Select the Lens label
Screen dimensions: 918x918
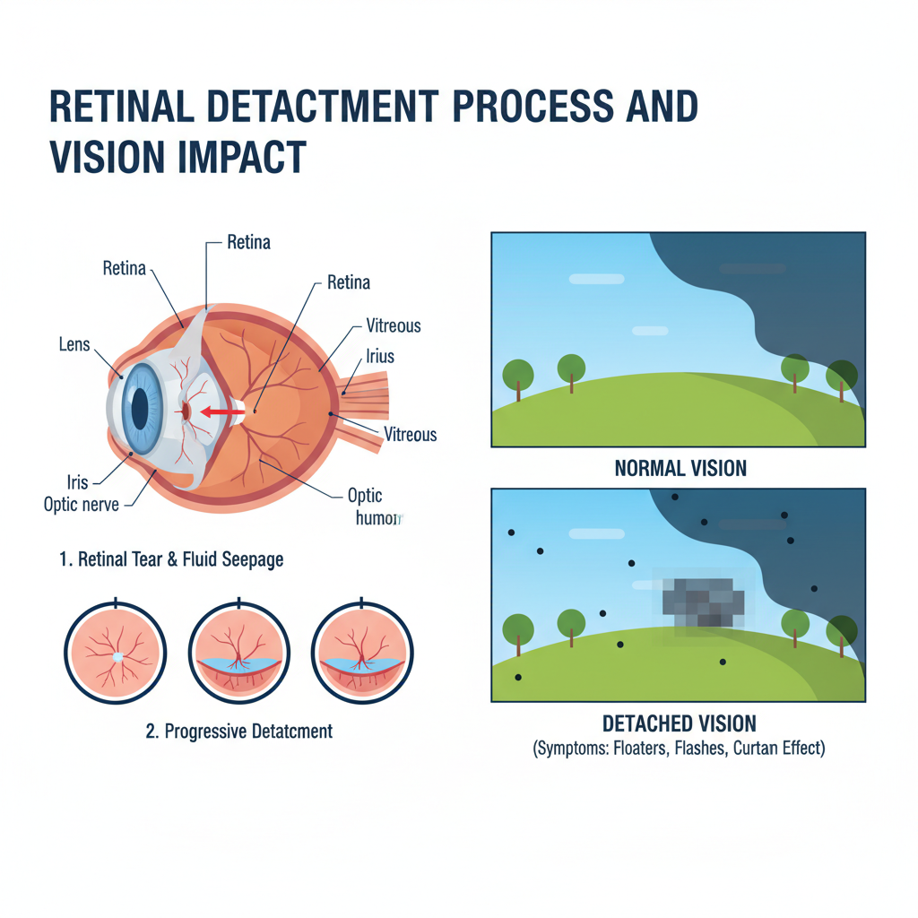74,343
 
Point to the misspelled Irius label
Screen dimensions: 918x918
379,356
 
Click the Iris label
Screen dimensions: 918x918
77,481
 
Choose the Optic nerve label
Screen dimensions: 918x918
82,504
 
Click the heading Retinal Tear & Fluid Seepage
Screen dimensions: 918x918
171,559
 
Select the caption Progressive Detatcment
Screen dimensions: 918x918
238,731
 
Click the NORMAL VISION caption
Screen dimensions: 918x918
680,468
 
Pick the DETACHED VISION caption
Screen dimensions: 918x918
679,723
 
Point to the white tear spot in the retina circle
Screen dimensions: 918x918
117,657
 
